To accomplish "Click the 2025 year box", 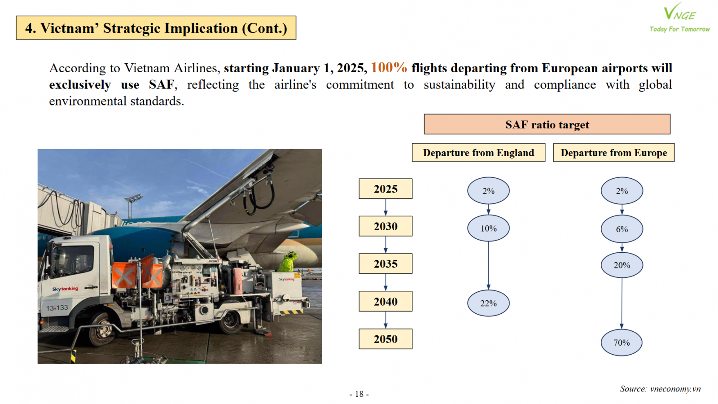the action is (x=385, y=189).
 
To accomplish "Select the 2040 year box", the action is (x=385, y=301).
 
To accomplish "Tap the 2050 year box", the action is (x=385, y=339).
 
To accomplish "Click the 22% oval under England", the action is (x=488, y=303).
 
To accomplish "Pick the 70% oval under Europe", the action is (x=622, y=343).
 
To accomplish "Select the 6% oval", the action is (x=622, y=229).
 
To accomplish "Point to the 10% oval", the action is (x=488, y=228).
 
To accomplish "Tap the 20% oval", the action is (x=622, y=265).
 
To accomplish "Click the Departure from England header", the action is (x=478, y=153).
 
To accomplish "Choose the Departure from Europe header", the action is (x=614, y=153).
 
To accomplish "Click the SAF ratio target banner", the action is (x=547, y=124).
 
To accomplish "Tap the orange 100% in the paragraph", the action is (x=389, y=68).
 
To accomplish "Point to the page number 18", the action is (x=359, y=394).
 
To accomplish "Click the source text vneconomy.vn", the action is (x=675, y=389).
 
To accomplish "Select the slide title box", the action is (x=156, y=28).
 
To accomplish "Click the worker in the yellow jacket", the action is (x=288, y=262).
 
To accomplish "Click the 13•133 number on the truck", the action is (x=57, y=308).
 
